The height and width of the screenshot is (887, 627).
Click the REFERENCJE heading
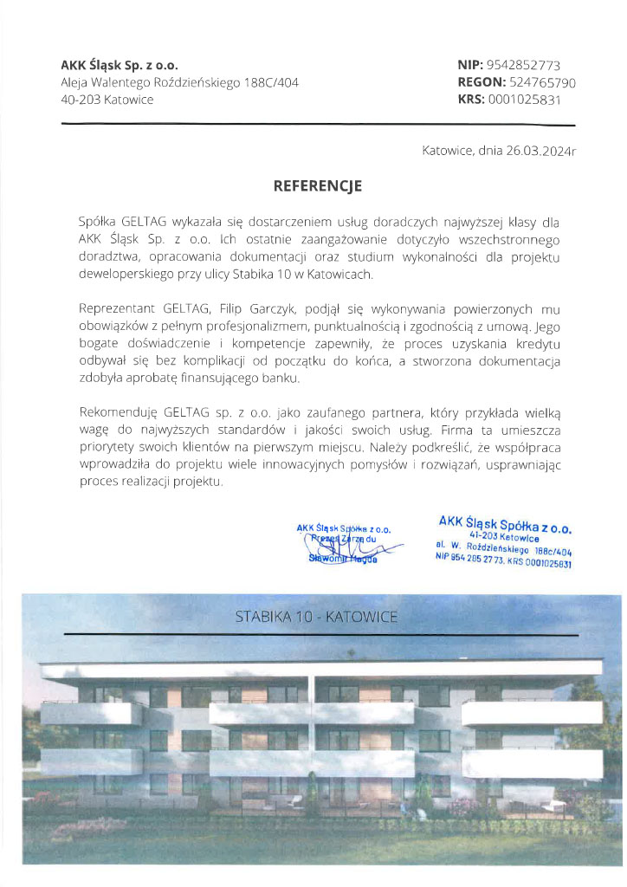[317, 185]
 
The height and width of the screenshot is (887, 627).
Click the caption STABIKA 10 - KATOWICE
[316, 617]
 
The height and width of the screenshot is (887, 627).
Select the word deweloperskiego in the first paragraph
[126, 275]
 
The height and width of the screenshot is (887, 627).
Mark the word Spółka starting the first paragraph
[96, 223]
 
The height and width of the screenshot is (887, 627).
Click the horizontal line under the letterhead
[317, 125]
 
